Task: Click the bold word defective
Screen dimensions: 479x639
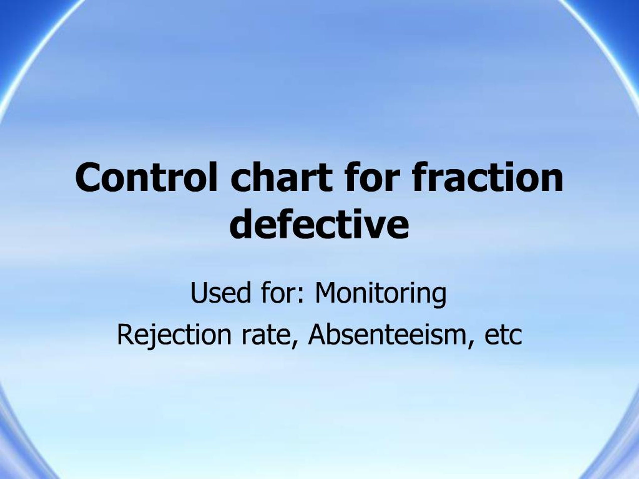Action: pyautogui.click(x=319, y=224)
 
